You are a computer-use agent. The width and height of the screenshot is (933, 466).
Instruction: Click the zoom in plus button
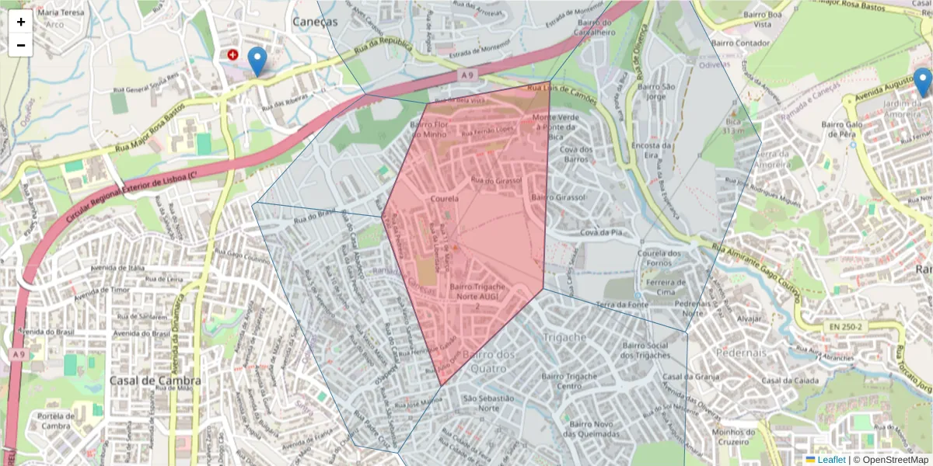coord(21,22)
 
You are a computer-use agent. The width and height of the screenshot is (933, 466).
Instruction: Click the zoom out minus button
coord(21,45)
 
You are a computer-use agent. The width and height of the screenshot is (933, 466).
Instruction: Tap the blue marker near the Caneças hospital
coord(257,61)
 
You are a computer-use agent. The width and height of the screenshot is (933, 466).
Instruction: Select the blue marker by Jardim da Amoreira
coord(922,82)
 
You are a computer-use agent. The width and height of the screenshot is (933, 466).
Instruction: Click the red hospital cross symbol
coord(233,54)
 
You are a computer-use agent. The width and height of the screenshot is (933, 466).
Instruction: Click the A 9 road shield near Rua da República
coord(466,75)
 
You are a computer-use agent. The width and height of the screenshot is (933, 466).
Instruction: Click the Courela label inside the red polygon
coord(445,199)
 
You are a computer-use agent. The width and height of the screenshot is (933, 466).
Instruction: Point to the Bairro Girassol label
coord(557,198)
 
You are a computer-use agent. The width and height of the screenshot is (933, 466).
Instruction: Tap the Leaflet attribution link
coord(830,460)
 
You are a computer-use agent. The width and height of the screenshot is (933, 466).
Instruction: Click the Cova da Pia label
coord(603,232)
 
